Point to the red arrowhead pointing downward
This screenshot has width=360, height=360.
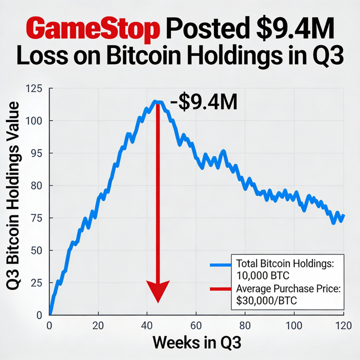coord(158,290)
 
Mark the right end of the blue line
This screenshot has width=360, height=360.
coord(343,215)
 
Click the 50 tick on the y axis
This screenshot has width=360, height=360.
coord(37,251)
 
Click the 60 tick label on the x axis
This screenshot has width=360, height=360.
coord(197,325)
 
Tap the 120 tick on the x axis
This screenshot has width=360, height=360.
coord(342,325)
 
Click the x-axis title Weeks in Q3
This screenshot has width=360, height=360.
coord(197,342)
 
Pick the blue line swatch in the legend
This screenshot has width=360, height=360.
coord(220,265)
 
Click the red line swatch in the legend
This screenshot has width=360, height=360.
coord(220,289)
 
